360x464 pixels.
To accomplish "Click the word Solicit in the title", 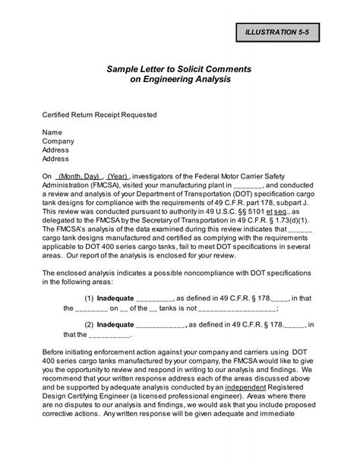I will click(196, 69).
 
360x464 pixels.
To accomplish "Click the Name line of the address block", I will click(52, 132).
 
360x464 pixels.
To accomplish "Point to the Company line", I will click(58, 141).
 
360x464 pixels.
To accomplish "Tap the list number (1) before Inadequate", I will click(89, 299).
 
